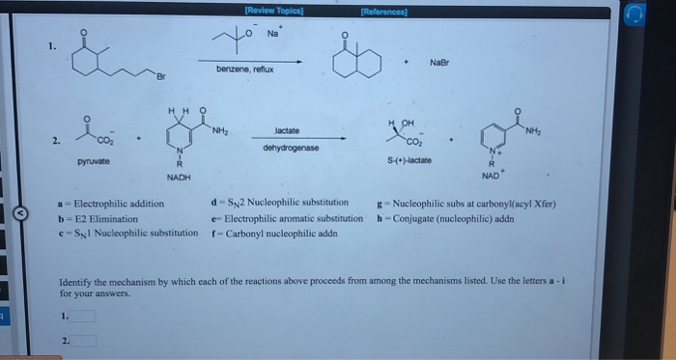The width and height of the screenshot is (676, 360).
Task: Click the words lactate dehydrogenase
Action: point(287,139)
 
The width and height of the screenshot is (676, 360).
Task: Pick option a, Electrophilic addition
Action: point(113,205)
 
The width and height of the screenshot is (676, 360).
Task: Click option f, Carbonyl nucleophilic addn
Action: point(270,234)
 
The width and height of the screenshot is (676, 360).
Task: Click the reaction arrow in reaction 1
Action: point(254,58)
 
